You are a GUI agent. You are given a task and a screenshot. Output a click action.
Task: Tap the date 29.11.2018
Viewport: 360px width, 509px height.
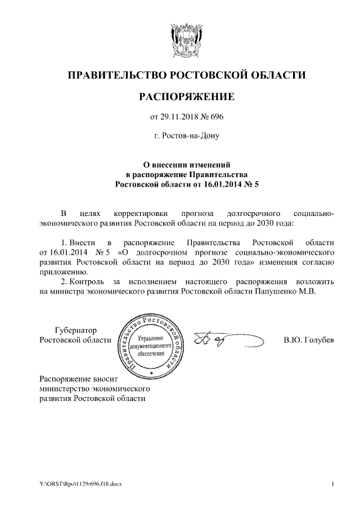(x=180, y=117)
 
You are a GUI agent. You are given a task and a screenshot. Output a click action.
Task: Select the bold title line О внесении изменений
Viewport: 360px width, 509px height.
(x=186, y=165)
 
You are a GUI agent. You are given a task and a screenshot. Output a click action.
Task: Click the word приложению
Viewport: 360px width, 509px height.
(x=58, y=271)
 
